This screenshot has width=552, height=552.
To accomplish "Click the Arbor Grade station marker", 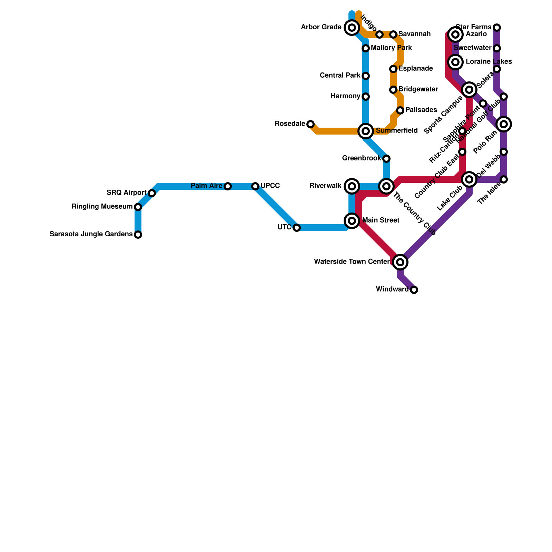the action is (x=352, y=28).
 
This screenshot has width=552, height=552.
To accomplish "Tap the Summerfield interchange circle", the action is (x=366, y=131).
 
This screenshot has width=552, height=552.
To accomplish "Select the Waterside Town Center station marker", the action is (x=400, y=262).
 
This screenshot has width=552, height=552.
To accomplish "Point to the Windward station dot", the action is (x=414, y=290).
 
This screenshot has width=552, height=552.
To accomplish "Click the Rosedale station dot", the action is (x=310, y=124).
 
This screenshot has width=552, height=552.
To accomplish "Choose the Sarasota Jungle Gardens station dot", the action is (x=138, y=235).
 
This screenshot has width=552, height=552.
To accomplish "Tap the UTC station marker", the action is (x=297, y=228).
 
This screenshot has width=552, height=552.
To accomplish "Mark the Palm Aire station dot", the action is (x=228, y=186).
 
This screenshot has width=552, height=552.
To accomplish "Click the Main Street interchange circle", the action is (x=352, y=221).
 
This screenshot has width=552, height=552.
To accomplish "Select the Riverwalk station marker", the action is (x=352, y=186).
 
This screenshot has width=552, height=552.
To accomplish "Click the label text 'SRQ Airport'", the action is (x=127, y=193).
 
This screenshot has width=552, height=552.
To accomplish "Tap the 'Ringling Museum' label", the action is (x=102, y=207).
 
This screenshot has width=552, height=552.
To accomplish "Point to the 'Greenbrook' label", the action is (x=362, y=158).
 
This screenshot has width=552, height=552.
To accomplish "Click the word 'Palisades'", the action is (x=421, y=110).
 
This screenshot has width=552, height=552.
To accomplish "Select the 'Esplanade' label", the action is (x=416, y=69).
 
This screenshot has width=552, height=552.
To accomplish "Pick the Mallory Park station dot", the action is (x=366, y=48).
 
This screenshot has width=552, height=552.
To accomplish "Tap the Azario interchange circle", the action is (x=455, y=34).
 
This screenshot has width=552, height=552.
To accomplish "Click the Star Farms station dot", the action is (x=497, y=28).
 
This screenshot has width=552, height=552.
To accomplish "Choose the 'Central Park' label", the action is (x=340, y=76).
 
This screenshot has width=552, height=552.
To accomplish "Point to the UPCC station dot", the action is (x=255, y=186).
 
